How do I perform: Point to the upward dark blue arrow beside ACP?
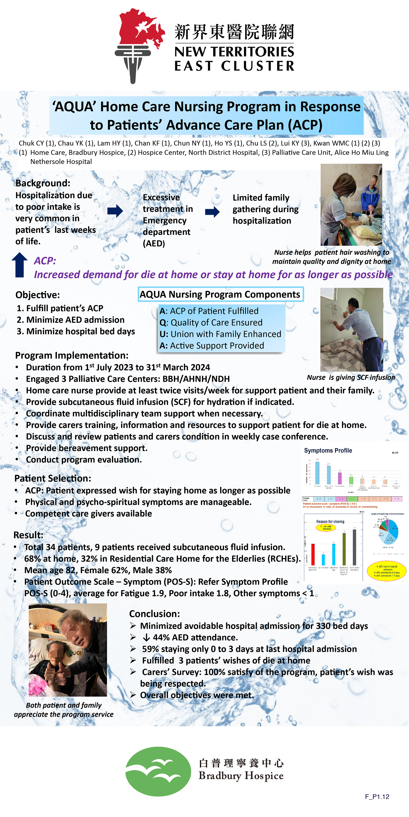tap(20, 265)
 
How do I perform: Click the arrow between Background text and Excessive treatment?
tap(115, 211)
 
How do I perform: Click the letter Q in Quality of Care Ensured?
tap(163, 323)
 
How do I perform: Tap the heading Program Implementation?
tap(72, 355)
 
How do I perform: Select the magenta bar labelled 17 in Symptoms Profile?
tap(340, 478)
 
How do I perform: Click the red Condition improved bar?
tap(313, 554)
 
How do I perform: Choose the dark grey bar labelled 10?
tap(354, 547)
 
